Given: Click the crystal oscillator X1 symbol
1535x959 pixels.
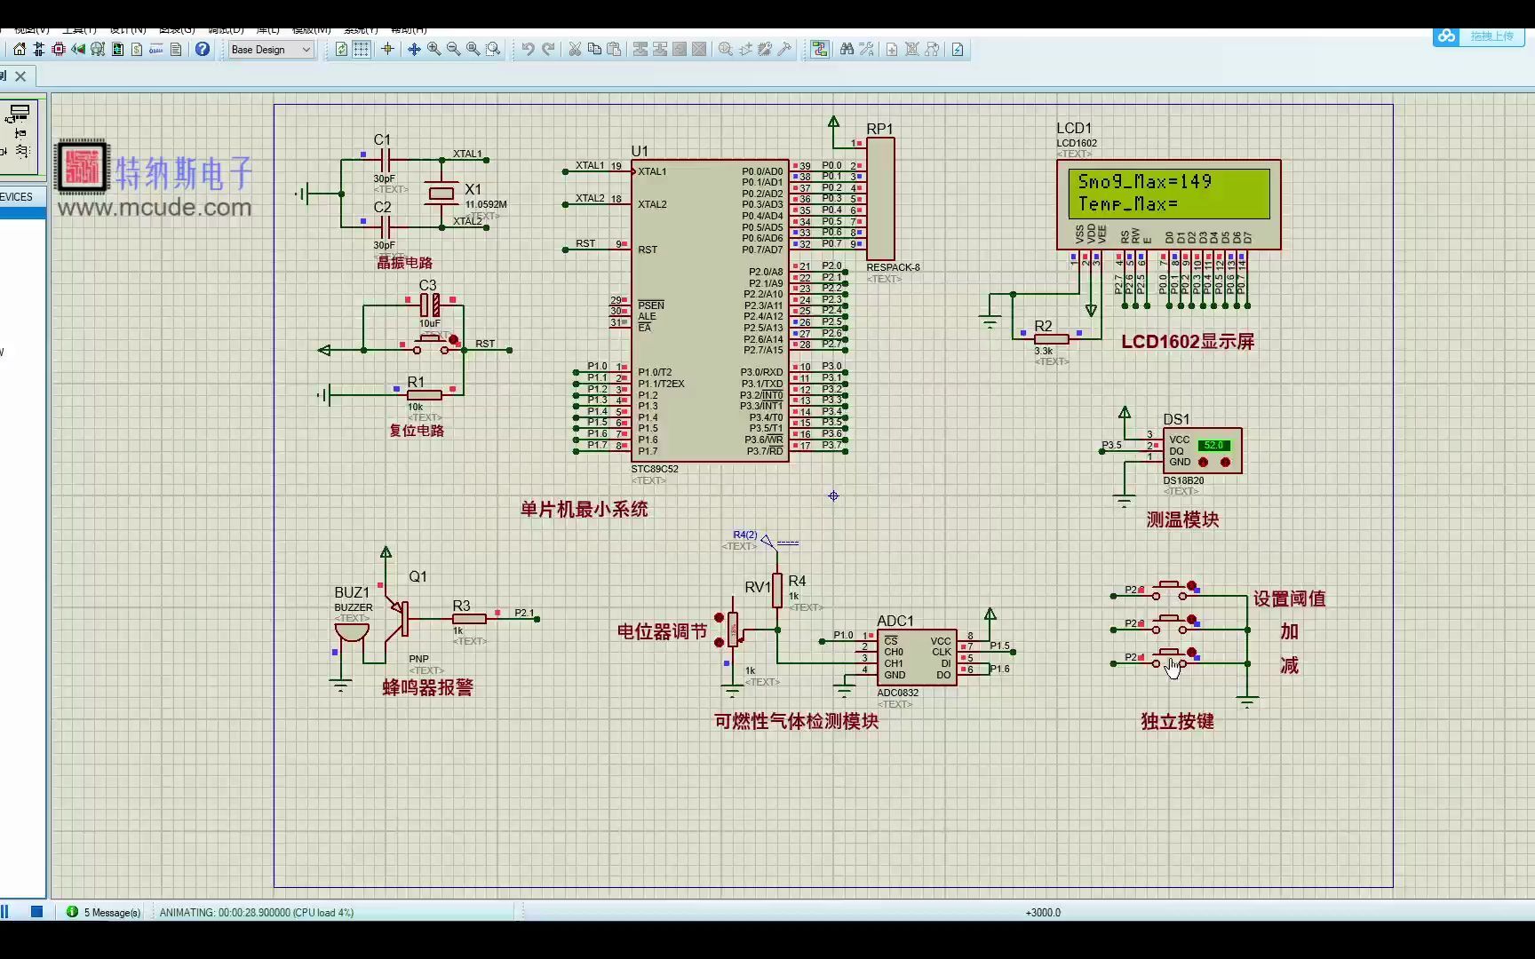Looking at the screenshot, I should [441, 193].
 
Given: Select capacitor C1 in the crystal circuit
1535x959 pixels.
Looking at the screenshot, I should [385, 160].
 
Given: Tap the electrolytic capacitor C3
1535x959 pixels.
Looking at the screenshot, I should [430, 305].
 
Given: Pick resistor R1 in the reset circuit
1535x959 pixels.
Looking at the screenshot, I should [424, 395].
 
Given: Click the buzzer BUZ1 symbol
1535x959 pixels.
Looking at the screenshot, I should [352, 631].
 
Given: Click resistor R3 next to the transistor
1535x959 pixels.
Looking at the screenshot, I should [469, 618].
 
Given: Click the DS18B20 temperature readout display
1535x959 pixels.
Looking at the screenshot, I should [1213, 446].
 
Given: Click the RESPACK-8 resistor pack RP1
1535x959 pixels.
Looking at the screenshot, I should [880, 199].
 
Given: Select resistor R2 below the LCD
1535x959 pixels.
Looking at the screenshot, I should [1052, 338].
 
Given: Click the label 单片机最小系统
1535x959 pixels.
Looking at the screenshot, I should [584, 510].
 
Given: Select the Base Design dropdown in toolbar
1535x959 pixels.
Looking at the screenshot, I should [271, 50].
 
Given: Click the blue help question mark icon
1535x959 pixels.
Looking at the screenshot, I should [203, 50].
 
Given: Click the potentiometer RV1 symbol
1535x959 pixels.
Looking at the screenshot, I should [733, 629].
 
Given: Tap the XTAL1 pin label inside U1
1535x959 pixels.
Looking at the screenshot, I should [652, 171].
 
